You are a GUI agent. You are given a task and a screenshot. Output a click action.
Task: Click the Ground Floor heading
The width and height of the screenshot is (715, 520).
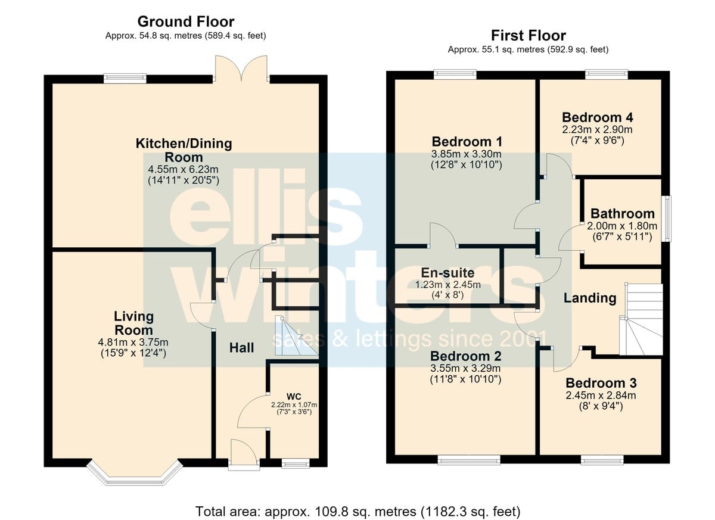[x=186, y=21]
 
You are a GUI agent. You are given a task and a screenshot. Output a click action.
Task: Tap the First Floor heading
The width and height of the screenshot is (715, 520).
[x=529, y=35]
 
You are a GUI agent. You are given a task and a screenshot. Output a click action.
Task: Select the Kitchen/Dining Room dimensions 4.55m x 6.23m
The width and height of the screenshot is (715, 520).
[x=184, y=169]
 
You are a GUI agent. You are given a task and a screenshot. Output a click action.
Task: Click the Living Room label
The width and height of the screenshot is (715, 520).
[x=133, y=323]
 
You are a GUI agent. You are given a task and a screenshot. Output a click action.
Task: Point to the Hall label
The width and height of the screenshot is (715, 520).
[x=242, y=348]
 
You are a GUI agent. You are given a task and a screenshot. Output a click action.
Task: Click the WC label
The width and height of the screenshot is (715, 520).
[x=294, y=397]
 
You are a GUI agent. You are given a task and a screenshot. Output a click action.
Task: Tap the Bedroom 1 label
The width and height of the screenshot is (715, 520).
[x=467, y=141]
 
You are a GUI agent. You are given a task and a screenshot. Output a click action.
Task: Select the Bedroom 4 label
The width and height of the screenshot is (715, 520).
[x=597, y=117]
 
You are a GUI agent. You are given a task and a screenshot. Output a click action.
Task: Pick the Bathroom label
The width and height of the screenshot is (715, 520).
[x=623, y=213]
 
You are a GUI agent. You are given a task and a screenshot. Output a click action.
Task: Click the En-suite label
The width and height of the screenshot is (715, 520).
[x=447, y=272]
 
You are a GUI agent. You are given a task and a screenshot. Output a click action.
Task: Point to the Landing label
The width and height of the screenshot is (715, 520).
[x=590, y=298]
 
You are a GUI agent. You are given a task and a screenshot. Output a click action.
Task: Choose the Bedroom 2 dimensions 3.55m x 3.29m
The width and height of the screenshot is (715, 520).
[x=465, y=369]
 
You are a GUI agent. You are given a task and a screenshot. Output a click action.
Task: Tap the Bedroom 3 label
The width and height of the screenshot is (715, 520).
[x=601, y=383]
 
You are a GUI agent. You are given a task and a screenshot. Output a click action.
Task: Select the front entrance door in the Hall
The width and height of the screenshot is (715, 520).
[x=244, y=454]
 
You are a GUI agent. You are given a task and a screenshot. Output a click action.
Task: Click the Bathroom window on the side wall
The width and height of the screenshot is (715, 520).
[x=666, y=219]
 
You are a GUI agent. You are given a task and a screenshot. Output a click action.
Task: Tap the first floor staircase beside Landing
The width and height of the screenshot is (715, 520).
[x=641, y=319]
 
